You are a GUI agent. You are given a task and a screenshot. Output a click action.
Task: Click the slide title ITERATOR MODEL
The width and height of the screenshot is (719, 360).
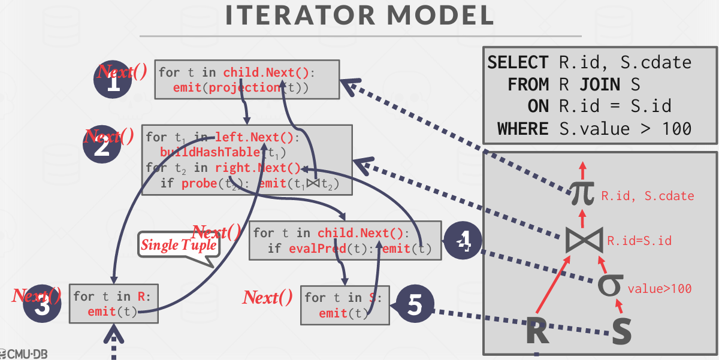359,16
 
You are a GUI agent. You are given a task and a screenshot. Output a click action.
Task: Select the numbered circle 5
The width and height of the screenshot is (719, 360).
415,305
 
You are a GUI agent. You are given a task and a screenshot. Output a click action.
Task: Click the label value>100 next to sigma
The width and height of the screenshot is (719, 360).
660,289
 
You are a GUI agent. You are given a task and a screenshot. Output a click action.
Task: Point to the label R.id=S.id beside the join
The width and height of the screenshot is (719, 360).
639,241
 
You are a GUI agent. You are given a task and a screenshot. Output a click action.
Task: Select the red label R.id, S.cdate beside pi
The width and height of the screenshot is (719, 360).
648,196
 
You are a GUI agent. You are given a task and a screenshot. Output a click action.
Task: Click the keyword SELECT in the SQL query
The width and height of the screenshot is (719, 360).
518,62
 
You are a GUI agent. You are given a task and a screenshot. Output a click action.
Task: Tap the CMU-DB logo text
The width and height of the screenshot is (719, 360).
24,353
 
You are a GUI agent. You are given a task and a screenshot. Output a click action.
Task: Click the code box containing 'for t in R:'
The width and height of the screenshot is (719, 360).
114,303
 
